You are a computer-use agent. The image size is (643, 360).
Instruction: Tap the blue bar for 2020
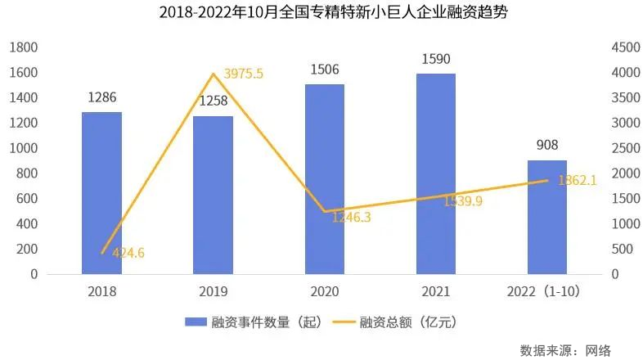pos(325,179)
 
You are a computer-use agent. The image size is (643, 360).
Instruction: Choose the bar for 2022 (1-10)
pos(547,217)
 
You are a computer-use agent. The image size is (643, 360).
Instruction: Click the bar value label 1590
pos(436,60)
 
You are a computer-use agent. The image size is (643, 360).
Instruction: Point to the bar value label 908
pos(547,146)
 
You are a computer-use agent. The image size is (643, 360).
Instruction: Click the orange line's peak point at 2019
pos(214,74)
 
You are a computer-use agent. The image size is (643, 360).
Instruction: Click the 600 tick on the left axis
pos(27,199)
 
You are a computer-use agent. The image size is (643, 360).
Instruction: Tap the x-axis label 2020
pos(325,291)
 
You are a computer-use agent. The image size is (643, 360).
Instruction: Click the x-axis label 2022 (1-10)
pos(547,291)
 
